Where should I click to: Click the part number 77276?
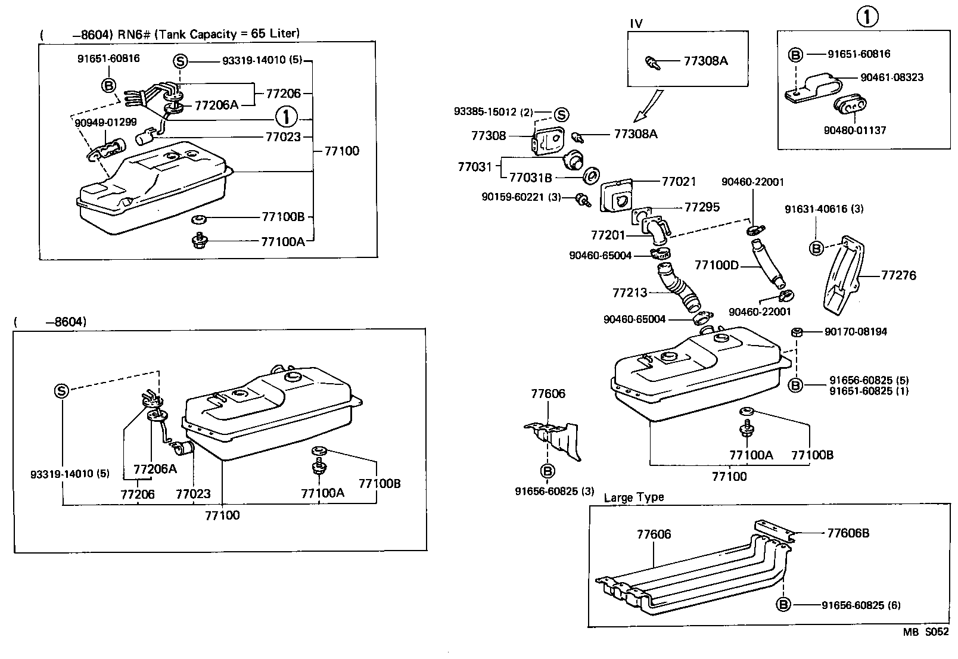point(898,275)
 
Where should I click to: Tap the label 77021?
point(679,181)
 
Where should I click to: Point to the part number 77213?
point(630,293)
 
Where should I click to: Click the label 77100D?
point(716,265)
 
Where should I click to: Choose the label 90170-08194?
point(856,331)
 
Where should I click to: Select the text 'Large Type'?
point(633,497)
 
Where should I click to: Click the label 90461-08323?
point(892,77)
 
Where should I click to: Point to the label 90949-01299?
point(106,122)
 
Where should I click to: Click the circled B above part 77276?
point(816,248)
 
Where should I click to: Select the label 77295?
point(702,207)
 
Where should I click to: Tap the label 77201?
point(608,235)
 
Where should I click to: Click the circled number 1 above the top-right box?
point(867,17)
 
